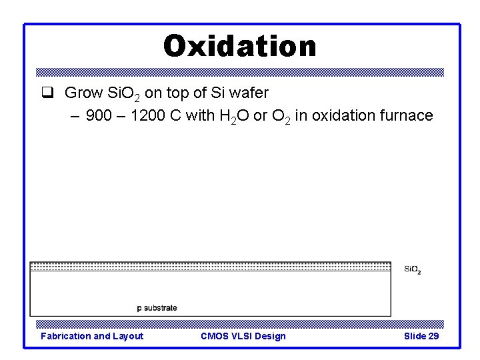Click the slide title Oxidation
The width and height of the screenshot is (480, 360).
coord(240,46)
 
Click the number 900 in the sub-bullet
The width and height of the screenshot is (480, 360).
coord(99,115)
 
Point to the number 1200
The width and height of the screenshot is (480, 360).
coord(146,115)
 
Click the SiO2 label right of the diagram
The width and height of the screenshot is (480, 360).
coord(412,269)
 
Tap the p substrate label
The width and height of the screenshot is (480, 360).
coord(157,307)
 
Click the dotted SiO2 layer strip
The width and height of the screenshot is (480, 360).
coord(210,266)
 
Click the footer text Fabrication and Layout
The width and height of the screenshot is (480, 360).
coord(92,336)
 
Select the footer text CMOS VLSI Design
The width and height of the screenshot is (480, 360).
coord(243,336)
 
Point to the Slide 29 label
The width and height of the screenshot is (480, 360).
coord(421,336)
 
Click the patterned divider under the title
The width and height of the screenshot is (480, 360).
coord(240,72)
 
